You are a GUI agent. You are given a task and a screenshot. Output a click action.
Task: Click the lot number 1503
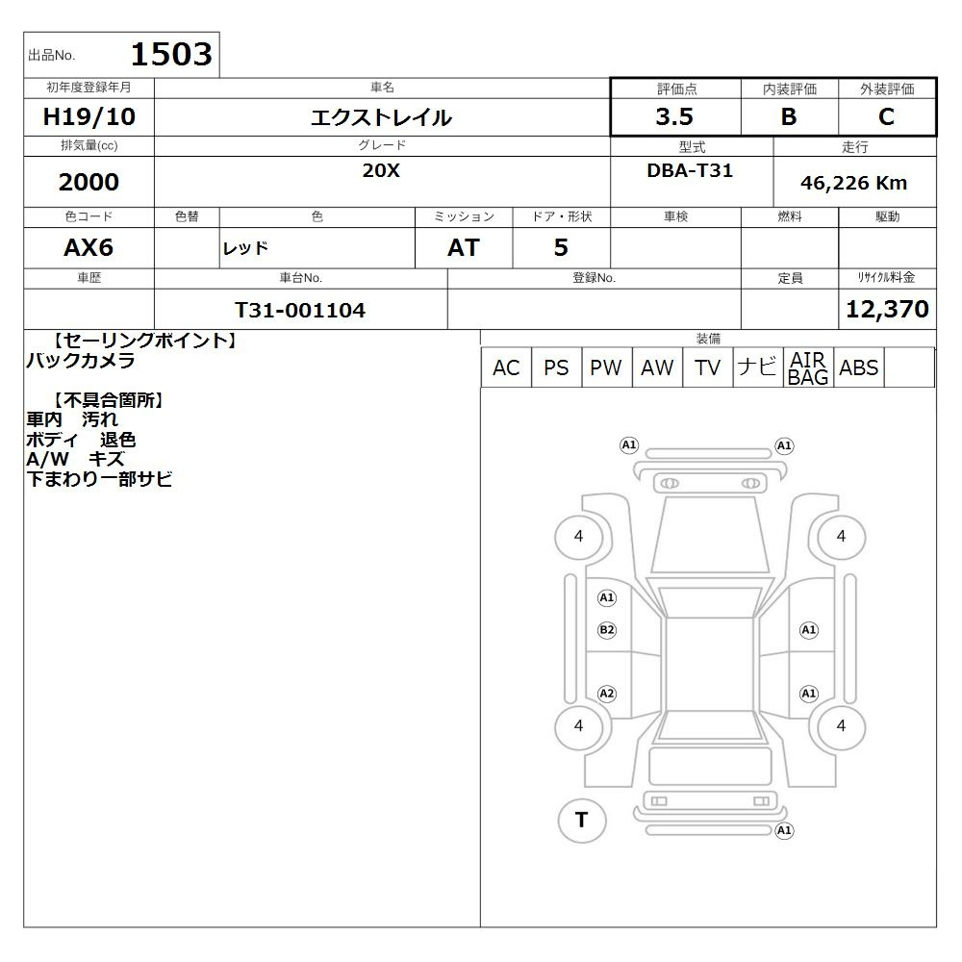172,54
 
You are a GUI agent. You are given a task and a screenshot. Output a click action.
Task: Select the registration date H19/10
89,116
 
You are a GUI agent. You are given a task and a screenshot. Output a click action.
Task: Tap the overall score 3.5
674,116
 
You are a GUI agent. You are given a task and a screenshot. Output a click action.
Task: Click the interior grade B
789,116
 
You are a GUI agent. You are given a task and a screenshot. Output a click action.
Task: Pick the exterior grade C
886,116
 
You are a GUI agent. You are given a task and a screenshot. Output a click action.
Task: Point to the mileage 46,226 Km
853,183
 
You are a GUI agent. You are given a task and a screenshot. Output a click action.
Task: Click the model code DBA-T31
690,170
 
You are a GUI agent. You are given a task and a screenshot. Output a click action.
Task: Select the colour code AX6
89,247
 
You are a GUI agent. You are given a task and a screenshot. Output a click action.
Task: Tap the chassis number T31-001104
300,310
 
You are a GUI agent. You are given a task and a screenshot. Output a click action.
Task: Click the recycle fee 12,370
887,309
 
